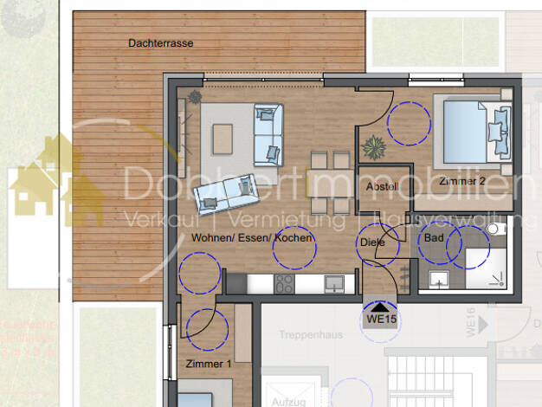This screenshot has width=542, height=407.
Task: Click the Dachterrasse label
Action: pos(160,42)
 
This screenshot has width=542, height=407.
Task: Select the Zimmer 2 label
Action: pos(461,182)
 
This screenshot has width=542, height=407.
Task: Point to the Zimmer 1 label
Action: pos(208,365)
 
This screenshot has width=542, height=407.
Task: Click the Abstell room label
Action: pos(381,187)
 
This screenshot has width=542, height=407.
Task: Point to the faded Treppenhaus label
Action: pos(307,334)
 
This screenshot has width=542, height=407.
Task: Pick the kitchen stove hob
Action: pos(283,282)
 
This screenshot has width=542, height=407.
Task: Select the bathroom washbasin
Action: pos(437,279)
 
